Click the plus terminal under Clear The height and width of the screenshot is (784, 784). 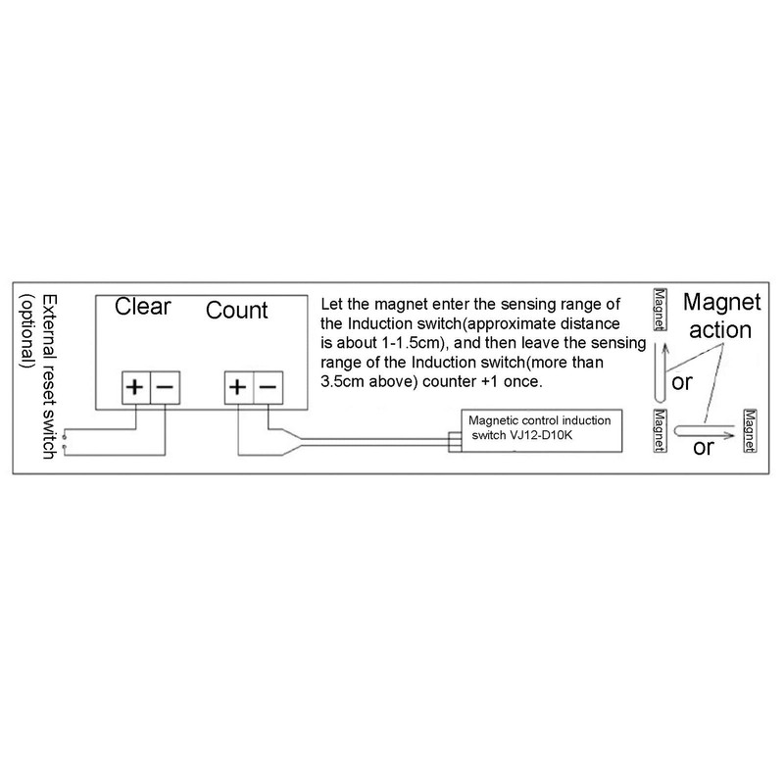point(134,388)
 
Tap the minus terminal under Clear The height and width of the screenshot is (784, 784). point(163,388)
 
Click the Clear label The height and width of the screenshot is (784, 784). point(143,306)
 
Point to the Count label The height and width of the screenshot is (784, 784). point(236,311)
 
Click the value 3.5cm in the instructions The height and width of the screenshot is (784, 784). point(342,380)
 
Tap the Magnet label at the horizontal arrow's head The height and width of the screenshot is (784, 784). point(752,429)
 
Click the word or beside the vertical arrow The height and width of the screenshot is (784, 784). point(683,381)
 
